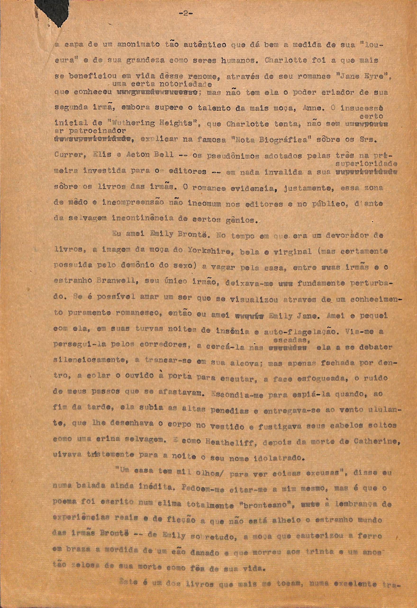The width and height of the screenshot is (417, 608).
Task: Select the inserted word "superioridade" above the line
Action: [x=366, y=164]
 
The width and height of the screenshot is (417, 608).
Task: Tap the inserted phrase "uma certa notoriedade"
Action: [x=162, y=84]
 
